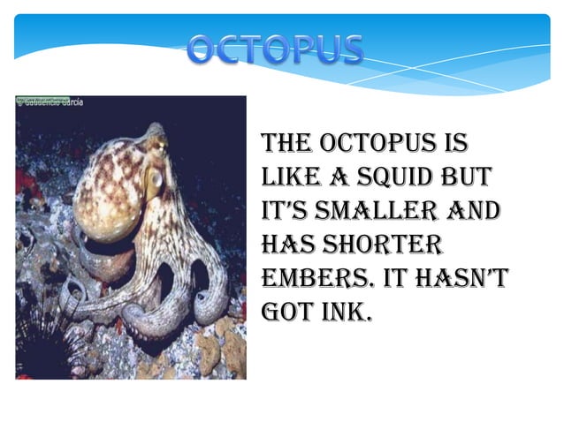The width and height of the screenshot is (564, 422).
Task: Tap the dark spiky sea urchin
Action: point(42,340)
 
